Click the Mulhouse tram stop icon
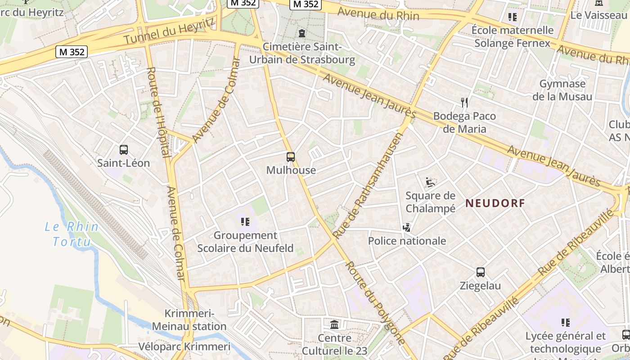tap(291, 157)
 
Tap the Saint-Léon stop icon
tap(124, 150)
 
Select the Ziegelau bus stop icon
tap(481, 272)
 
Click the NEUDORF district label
tap(495, 203)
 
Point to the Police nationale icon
tap(407, 228)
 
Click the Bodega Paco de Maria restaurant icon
tap(464, 103)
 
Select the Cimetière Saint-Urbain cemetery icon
tap(301, 33)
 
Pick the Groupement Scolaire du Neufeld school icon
tap(245, 221)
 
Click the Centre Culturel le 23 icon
tap(334, 324)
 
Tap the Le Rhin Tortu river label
tap(72, 234)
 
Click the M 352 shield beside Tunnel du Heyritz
tap(71, 52)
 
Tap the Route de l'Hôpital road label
tap(158, 112)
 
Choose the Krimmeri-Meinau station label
tap(189, 320)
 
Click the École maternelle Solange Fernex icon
tap(512, 17)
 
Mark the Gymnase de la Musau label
tap(562, 90)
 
